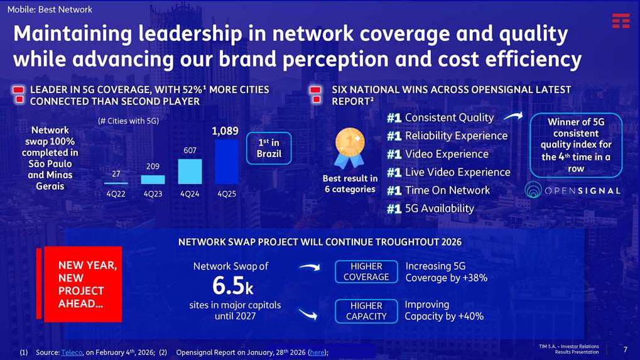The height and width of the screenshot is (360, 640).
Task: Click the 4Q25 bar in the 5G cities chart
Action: click(x=227, y=161)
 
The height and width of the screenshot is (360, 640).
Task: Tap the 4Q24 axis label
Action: click(x=190, y=194)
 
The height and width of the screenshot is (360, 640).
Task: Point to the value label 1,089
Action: click(x=225, y=131)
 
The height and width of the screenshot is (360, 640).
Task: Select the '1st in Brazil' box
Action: click(x=269, y=148)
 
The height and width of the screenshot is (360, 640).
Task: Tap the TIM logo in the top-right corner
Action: click(x=621, y=21)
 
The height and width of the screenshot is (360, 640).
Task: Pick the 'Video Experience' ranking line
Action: click(x=447, y=154)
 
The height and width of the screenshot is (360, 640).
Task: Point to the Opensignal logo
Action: click(x=572, y=190)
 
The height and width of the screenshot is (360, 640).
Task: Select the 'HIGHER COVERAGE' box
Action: click(x=366, y=271)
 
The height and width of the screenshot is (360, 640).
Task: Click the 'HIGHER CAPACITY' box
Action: click(x=366, y=311)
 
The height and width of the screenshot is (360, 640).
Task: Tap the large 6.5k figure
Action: click(x=232, y=286)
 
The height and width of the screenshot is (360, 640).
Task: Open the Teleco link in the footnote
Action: click(x=72, y=352)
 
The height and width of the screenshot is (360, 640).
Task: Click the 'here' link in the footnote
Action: click(x=317, y=352)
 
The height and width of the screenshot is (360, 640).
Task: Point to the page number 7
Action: click(x=625, y=349)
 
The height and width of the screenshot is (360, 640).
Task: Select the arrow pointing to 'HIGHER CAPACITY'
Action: click(x=307, y=314)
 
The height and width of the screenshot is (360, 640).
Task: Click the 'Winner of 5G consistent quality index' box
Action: click(x=576, y=145)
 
